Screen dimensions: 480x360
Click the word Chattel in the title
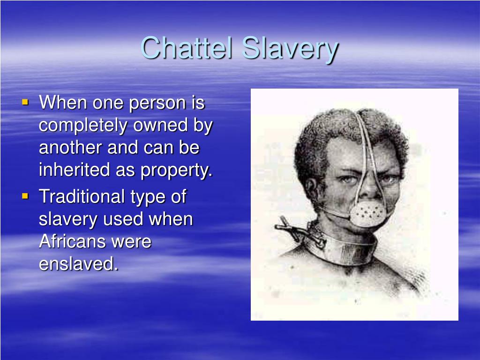tap(187, 48)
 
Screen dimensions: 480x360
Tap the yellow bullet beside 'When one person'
tap(25, 102)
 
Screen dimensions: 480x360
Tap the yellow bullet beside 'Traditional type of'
tap(25, 196)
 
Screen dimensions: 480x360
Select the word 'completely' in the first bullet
tap(83, 126)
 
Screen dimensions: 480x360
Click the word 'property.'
tap(176, 171)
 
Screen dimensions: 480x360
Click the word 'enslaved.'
tap(78, 263)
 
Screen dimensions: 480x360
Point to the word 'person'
tap(157, 104)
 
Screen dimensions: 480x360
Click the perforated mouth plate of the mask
tap(368, 214)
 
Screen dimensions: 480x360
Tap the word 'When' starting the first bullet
tap(63, 103)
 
